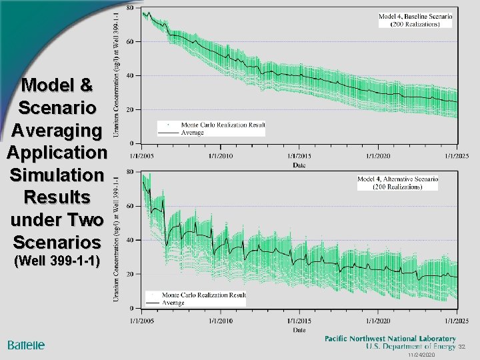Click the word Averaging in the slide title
click(x=57, y=130)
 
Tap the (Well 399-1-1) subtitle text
click(x=57, y=261)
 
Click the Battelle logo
click(x=26, y=345)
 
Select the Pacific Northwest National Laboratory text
click(x=390, y=339)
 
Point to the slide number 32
click(x=461, y=347)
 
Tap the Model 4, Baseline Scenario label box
click(x=415, y=20)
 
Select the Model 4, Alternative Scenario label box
click(x=397, y=183)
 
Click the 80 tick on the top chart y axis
click(x=129, y=8)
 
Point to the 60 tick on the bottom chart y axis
click(x=129, y=206)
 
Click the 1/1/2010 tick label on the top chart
click(x=221, y=156)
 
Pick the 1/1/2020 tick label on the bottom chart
click(x=378, y=321)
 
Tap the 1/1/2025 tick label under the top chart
click(x=457, y=156)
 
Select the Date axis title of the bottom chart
click(x=299, y=329)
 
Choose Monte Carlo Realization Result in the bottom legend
click(x=203, y=295)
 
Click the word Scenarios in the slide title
click(x=57, y=241)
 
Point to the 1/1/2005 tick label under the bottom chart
click(x=143, y=321)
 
